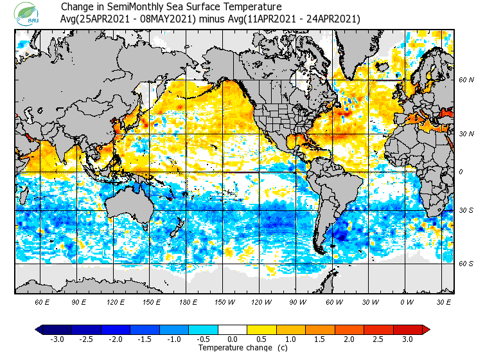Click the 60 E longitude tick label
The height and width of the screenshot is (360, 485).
[42, 301]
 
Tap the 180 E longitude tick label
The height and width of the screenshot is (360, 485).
[188, 301]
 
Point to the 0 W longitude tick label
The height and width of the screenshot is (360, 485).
[406, 301]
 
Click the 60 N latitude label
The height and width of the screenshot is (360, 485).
[466, 80]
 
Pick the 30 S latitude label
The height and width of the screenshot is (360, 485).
[466, 211]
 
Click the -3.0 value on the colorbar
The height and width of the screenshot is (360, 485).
[57, 339]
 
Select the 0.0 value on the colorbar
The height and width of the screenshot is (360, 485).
[233, 339]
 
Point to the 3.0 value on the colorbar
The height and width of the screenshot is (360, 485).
[408, 339]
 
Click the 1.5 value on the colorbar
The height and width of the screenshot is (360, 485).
[321, 339]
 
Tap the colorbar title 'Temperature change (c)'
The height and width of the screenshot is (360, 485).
[233, 348]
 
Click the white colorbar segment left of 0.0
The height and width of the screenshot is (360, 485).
[225, 330]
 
